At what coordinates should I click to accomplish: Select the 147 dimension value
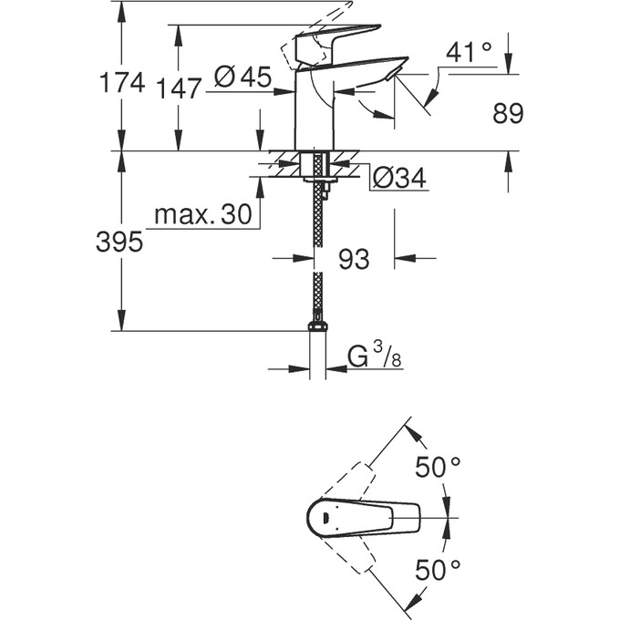click(x=178, y=88)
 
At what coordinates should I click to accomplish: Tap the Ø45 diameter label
click(x=243, y=78)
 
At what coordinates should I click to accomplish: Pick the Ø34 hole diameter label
click(x=398, y=179)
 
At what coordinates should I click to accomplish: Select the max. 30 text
click(x=202, y=216)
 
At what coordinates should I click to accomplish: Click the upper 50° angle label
click(x=438, y=468)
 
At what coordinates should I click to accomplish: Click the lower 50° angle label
click(x=438, y=572)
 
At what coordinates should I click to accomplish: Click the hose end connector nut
click(x=317, y=324)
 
